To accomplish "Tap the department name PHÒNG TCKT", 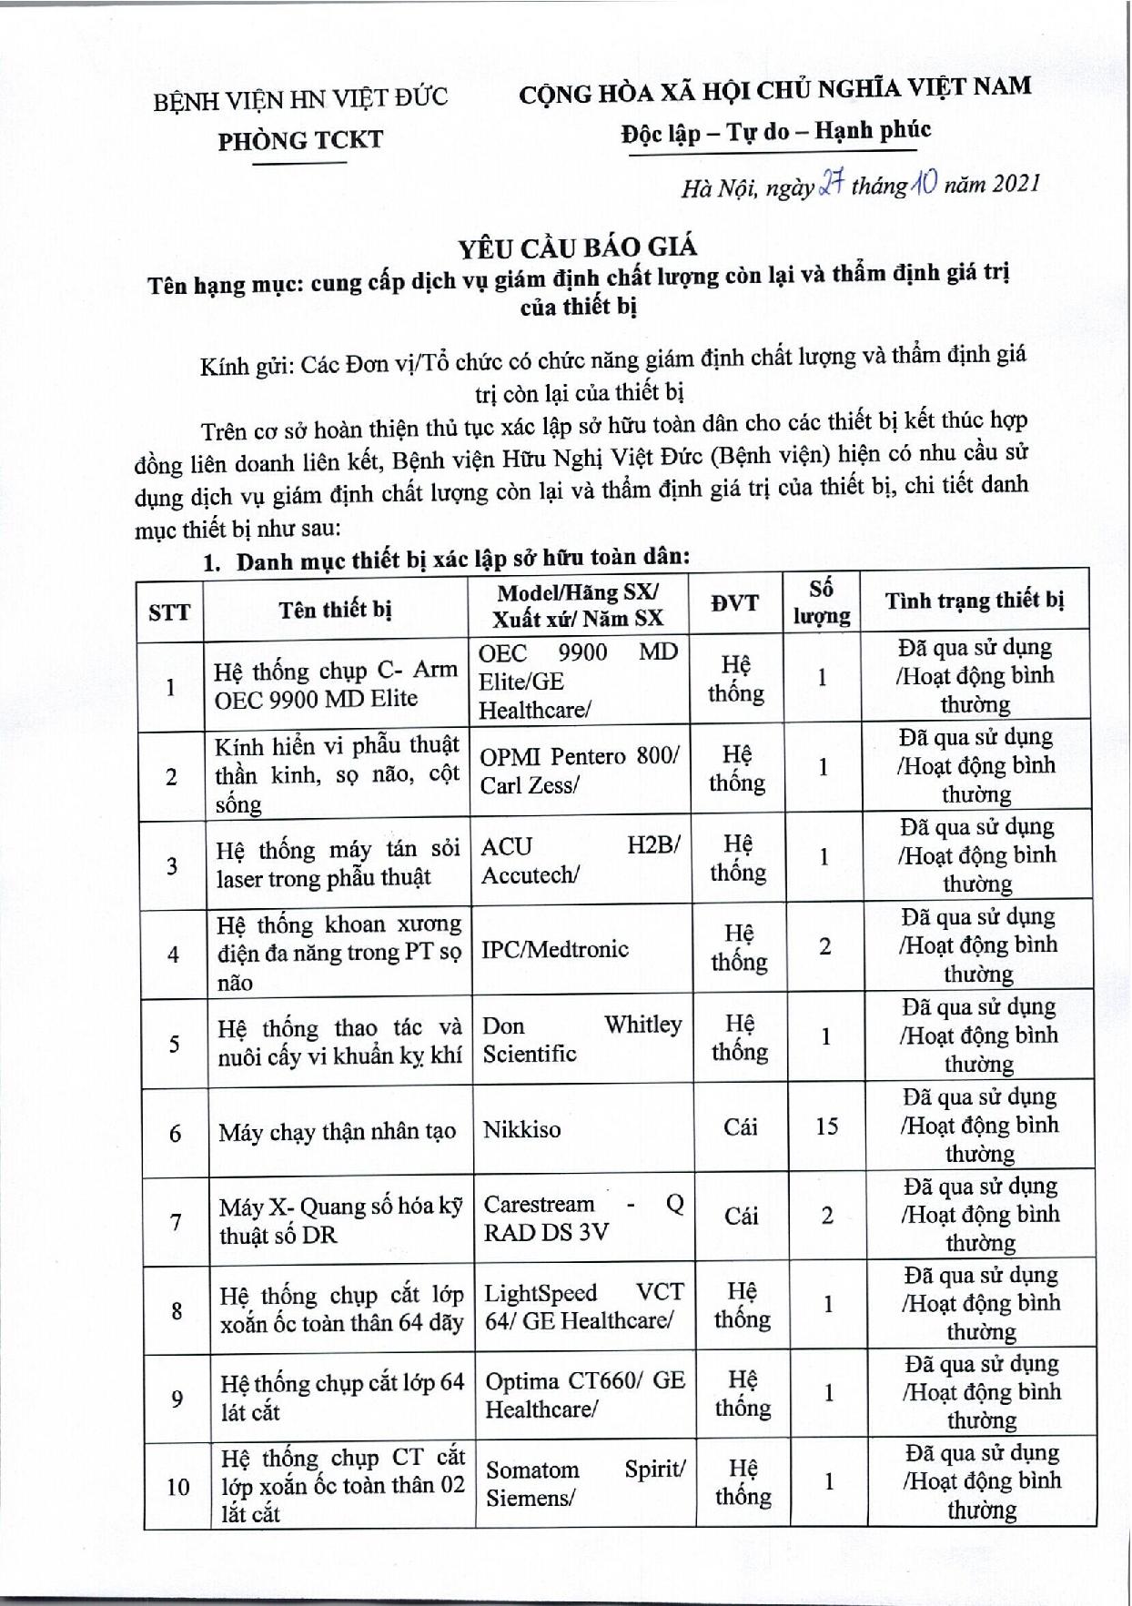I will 300,140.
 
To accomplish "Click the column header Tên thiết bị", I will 335,609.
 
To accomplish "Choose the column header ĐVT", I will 734,603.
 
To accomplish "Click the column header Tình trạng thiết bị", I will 975,601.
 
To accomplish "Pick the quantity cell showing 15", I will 826,1126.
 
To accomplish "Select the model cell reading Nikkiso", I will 521,1130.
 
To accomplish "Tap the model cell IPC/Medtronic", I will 554,950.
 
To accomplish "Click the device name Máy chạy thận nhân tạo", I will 337,1133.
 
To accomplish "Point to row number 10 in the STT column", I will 177,1487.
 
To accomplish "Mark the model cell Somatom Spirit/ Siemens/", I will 585,1483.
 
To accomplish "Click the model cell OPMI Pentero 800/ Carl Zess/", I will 579,771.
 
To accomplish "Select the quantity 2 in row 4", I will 824,946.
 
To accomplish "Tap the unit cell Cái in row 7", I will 741,1217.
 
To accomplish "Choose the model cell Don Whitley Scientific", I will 581,1039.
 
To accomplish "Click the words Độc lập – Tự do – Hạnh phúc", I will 775,132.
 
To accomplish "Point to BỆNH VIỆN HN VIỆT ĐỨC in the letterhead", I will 300,98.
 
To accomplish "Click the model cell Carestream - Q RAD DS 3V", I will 583,1217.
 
